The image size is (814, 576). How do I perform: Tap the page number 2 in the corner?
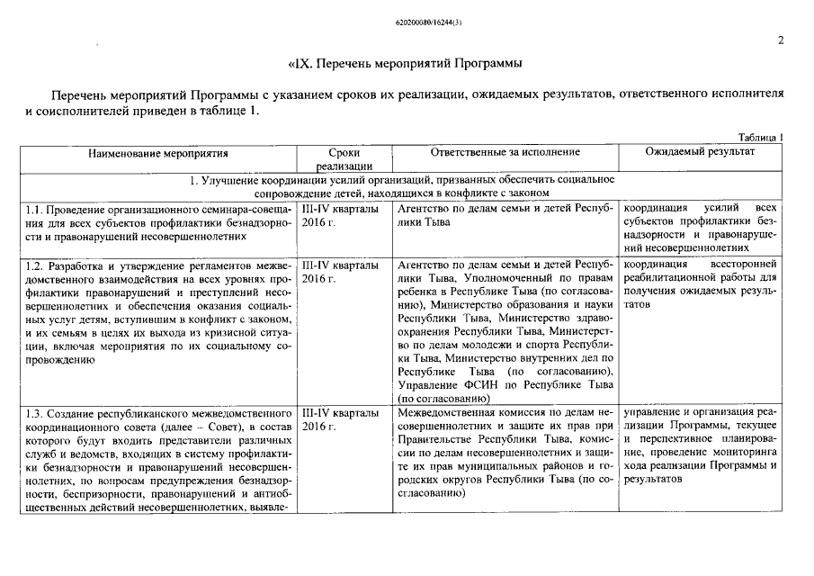[780, 39]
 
